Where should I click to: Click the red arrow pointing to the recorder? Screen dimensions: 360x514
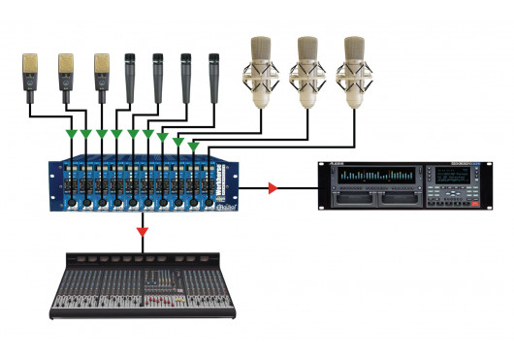(273, 186)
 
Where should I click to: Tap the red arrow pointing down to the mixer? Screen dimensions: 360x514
(143, 231)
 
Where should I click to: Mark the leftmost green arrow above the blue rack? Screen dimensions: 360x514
(70, 132)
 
